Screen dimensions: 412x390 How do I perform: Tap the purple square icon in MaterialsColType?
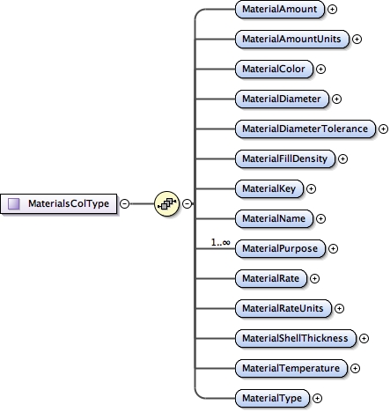click(14, 203)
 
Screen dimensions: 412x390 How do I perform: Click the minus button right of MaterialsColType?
click(124, 203)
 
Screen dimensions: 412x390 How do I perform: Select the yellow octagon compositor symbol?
click(166, 203)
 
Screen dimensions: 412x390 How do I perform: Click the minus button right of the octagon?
click(188, 203)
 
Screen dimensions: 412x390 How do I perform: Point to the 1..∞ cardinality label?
click(220, 242)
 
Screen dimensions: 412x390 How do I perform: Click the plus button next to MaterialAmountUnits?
click(357, 39)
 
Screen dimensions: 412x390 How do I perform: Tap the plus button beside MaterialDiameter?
click(336, 99)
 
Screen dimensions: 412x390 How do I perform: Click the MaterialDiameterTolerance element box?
click(305, 129)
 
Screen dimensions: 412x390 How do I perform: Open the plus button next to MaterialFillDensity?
click(342, 158)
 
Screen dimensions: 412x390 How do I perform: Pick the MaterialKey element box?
click(269, 188)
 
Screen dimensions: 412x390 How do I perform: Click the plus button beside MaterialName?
click(320, 218)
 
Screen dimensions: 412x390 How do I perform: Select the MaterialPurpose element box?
click(279, 248)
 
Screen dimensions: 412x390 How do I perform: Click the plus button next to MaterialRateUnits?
click(339, 308)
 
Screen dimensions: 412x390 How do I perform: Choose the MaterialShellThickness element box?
click(296, 338)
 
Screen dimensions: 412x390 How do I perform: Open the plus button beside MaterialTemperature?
click(355, 368)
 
